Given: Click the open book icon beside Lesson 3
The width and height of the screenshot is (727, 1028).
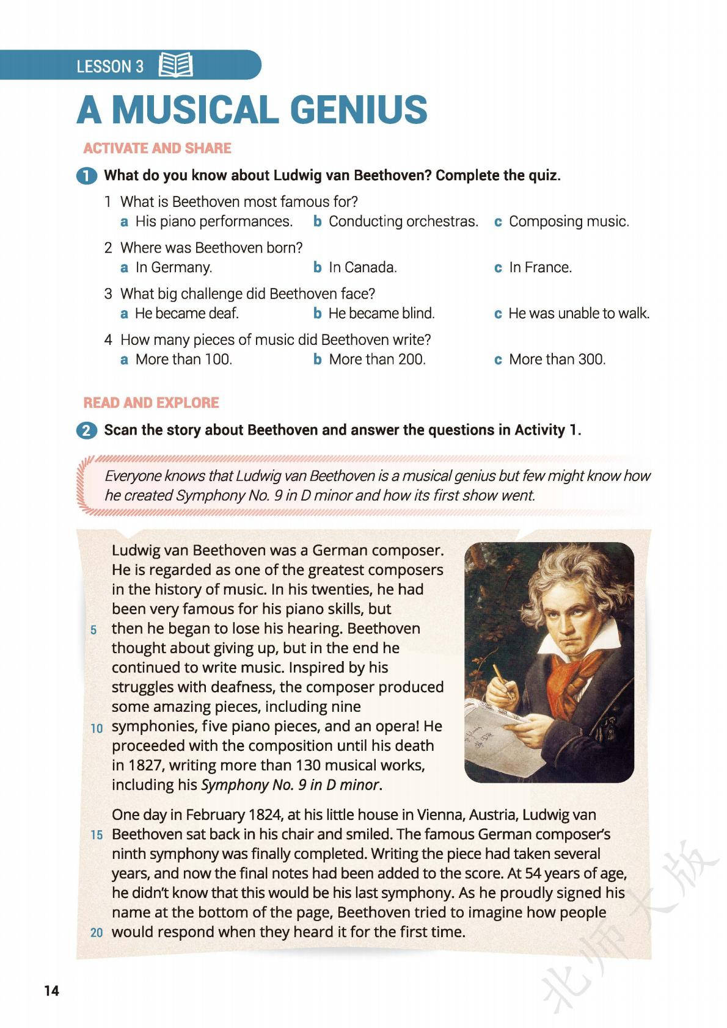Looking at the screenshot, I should coord(175,65).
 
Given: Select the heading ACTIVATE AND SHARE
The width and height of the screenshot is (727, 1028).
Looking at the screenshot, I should coord(157,148).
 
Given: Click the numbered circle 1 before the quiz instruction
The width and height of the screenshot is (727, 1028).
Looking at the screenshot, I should coord(87,176).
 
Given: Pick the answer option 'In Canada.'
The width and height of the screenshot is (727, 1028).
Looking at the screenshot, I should coord(362,267).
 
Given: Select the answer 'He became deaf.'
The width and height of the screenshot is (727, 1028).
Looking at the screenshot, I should coord(186,313).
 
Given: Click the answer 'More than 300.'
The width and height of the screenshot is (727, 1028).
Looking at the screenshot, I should coord(557,360).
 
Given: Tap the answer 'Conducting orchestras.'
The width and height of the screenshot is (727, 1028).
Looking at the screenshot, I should coord(403,222).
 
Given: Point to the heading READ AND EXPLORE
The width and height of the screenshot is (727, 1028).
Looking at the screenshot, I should coord(151,403).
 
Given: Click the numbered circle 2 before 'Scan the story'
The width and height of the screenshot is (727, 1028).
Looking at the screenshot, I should coord(87,430).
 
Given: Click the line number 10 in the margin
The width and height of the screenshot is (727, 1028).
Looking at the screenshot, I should coord(97,728).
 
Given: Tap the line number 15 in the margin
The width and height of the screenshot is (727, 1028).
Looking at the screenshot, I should coord(97,835).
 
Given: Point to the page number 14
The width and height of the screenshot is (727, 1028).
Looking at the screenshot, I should coord(52,991).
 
